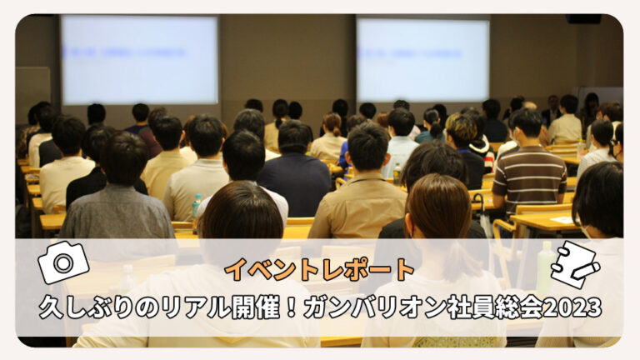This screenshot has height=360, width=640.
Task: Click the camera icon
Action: click(x=63, y=262)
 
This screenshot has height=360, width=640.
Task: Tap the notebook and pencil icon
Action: click(x=575, y=264)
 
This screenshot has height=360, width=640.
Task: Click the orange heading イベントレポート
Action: click(x=320, y=270)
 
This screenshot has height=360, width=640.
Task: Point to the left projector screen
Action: click(x=140, y=60)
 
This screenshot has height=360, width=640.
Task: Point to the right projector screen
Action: click(x=422, y=60)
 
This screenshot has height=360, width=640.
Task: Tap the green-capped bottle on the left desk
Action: click(x=197, y=205)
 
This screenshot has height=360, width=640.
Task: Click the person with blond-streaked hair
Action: click(x=465, y=147)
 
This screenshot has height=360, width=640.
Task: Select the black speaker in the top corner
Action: click(x=583, y=19)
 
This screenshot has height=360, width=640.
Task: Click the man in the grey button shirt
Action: click(x=117, y=192)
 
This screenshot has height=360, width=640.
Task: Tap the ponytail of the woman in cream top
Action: click(x=336, y=130)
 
